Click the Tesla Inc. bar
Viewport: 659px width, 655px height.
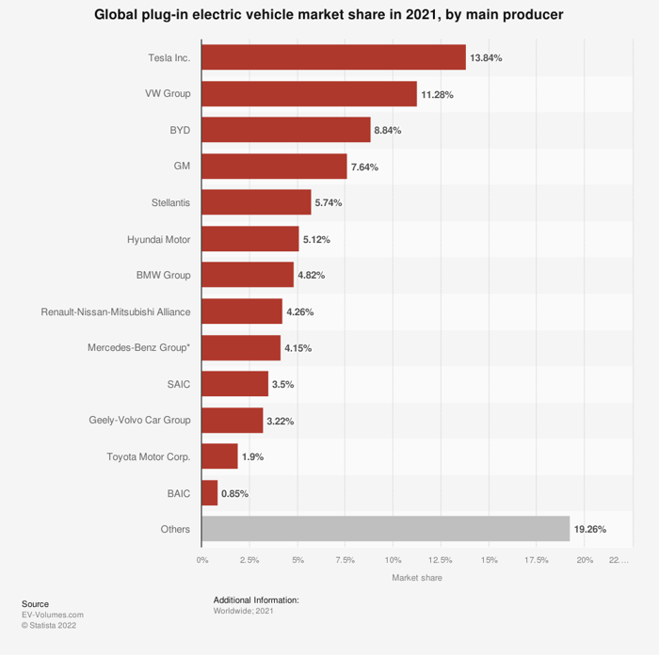333,57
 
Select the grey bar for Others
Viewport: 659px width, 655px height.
385,529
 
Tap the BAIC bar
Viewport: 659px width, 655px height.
209,493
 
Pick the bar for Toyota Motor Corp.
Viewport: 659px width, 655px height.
219,456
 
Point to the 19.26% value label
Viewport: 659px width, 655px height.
590,530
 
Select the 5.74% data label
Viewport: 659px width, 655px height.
328,203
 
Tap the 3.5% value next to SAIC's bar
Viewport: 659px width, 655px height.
282,385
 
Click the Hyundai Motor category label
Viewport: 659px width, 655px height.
158,239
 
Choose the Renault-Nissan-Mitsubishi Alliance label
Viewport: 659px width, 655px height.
116,312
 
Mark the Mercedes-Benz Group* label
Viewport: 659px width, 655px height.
138,348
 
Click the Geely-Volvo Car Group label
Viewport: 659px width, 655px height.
138,421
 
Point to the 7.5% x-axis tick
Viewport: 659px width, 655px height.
345,560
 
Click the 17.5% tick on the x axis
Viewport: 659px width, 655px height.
536,560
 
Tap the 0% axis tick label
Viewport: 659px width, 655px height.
202,560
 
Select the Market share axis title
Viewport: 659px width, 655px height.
416,578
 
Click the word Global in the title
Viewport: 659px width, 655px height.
118,16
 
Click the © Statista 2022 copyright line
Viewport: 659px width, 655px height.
49,625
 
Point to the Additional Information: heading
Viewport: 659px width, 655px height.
256,599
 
